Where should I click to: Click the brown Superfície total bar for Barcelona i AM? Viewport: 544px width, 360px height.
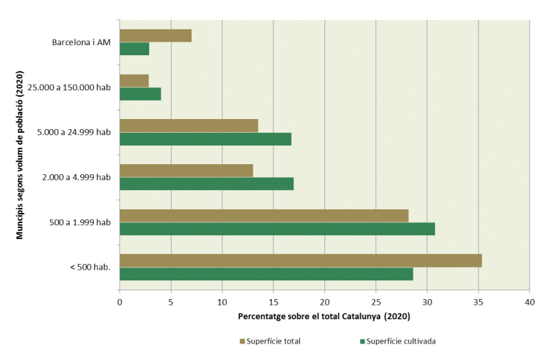pyautogui.click(x=156, y=36)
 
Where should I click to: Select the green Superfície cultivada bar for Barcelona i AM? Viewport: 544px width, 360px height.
pyautogui.click(x=134, y=49)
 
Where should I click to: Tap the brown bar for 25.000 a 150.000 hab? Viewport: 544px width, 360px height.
pyautogui.click(x=134, y=80)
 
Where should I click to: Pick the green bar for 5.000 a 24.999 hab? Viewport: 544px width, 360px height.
pyautogui.click(x=205, y=139)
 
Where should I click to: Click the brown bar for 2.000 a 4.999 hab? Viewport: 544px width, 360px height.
pyautogui.click(x=187, y=171)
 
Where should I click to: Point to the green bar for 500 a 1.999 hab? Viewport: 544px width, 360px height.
pyautogui.click(x=277, y=229)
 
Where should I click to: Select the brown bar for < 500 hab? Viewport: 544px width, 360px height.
pyautogui.click(x=301, y=260)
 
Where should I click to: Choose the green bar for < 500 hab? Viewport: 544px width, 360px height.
pyautogui.click(x=266, y=274)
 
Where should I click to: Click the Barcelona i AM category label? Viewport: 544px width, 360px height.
pyautogui.click(x=82, y=42)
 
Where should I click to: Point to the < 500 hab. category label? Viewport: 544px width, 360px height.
pyautogui.click(x=90, y=267)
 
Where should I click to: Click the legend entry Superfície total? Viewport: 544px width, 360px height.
pyautogui.click(x=269, y=341)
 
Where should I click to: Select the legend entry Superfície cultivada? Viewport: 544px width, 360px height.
pyautogui.click(x=398, y=341)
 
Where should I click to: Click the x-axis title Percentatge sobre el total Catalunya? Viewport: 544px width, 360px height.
pyautogui.click(x=324, y=316)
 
